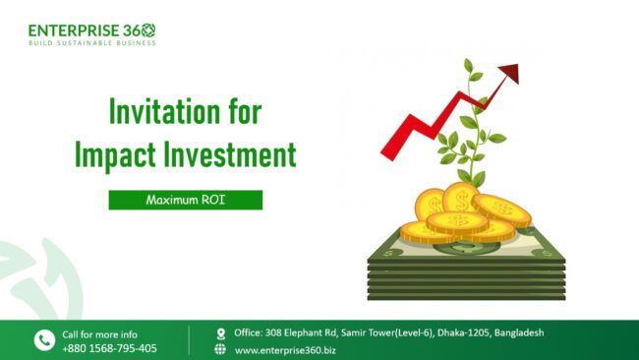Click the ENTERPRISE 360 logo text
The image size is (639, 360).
pos(91,30)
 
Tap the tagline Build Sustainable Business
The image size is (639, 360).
pos(91,43)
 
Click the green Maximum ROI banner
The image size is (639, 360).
pos(186,200)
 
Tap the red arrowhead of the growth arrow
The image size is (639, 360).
pos(508,73)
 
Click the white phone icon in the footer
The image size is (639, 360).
pos(44,340)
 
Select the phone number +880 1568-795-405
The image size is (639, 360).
pos(109,348)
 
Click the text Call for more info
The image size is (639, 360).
pos(99,333)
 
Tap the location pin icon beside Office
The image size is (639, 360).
pos(220,333)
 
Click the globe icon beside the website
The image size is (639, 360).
pos(220,349)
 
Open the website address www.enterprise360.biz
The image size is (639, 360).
pos(284,349)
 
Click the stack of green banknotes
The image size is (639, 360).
pos(466,266)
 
